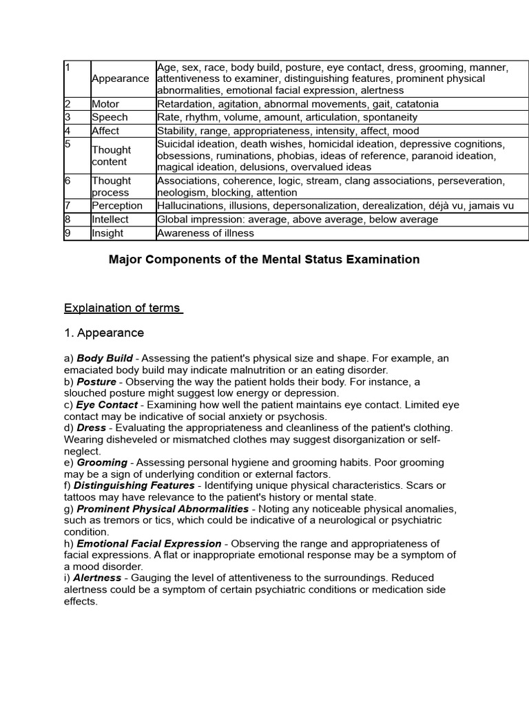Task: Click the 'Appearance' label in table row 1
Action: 120,78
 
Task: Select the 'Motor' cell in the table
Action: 105,104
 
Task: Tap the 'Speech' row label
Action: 110,117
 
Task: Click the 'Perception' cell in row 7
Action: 117,206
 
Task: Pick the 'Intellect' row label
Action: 110,219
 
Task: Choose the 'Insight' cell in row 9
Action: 107,233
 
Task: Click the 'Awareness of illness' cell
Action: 205,233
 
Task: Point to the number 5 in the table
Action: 68,144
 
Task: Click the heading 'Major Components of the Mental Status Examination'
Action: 264,260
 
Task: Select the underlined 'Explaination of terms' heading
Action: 123,308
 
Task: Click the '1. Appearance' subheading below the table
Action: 104,333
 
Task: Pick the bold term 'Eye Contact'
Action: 107,405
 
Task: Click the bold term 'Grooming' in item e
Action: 102,463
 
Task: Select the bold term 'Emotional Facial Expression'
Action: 149,544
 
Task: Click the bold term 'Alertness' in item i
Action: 97,578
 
